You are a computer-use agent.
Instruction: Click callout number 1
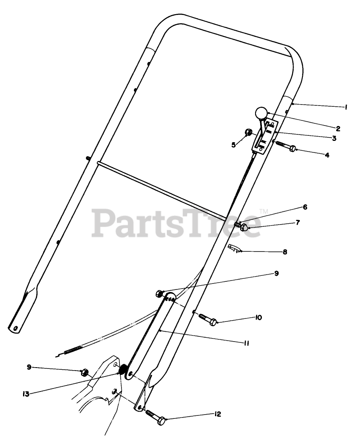click(x=345, y=108)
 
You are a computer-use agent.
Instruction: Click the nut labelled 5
click(x=247, y=132)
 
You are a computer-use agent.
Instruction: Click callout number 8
click(x=285, y=252)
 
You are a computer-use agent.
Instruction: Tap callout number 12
click(x=218, y=414)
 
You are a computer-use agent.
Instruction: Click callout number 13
click(x=26, y=394)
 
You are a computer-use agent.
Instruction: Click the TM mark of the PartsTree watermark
click(x=263, y=211)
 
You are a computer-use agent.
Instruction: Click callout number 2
click(x=337, y=128)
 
